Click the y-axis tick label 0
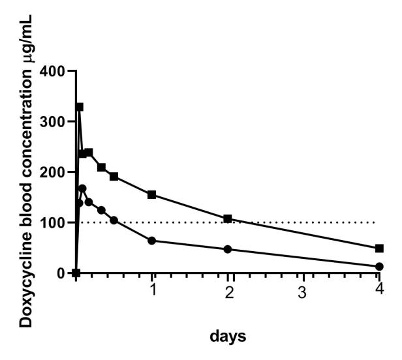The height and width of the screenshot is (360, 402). [63, 273]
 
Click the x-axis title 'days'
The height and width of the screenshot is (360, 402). [228, 337]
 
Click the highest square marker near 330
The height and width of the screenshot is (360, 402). [80, 107]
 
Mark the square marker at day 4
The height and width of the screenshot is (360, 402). [379, 248]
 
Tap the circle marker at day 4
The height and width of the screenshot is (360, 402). [379, 267]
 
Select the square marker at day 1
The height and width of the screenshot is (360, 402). [152, 194]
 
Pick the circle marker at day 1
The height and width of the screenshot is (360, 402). [152, 241]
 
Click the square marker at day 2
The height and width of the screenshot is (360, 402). [228, 218]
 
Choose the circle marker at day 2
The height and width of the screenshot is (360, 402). [228, 249]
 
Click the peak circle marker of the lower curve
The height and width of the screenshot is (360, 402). [82, 188]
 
